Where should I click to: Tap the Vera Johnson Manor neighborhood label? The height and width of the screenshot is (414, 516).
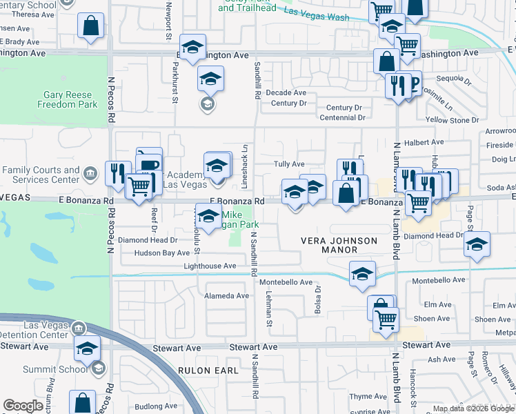click(x=339, y=245)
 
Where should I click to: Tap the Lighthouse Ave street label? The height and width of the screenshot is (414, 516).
click(x=210, y=266)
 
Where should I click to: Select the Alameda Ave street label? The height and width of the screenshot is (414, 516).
click(x=226, y=295)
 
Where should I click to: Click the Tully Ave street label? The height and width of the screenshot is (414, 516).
click(x=289, y=164)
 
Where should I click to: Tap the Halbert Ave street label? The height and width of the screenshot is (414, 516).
click(x=424, y=142)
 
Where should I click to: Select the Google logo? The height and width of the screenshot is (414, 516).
click(x=23, y=406)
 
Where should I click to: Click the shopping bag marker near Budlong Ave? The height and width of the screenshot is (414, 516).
click(x=82, y=402)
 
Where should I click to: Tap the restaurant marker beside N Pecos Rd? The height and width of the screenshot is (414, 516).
click(x=118, y=173)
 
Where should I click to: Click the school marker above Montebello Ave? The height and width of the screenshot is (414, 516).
click(x=362, y=273)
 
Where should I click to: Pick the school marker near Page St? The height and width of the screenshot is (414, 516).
click(x=477, y=244)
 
